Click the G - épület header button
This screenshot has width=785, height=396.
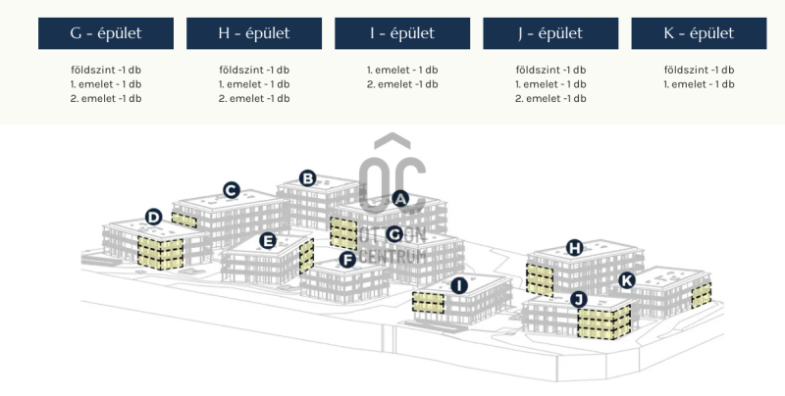tap(106, 33)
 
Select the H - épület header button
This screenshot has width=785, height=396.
tap(254, 33)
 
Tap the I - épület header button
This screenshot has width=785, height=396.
tap(402, 33)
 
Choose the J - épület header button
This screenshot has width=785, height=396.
tap(550, 33)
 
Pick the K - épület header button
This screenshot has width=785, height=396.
tap(699, 33)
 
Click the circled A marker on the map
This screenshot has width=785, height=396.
tap(399, 197)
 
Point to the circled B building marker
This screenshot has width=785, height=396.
tap(307, 177)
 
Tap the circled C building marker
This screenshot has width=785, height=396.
tap(232, 190)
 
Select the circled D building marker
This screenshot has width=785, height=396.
tap(153, 217)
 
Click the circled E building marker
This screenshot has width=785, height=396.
tap(268, 240)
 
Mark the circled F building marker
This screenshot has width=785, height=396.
tap(346, 259)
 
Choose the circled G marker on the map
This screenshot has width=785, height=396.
tap(393, 234)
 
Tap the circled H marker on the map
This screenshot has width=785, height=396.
tap(575, 248)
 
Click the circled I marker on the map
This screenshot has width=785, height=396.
tap(458, 285)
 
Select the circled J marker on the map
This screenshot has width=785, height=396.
tap(578, 299)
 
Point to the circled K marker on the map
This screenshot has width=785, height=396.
tap(627, 280)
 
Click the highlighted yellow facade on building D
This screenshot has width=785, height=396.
tap(160, 254)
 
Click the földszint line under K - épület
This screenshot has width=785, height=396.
tap(699, 70)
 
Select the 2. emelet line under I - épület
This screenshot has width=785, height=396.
tap(402, 84)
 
